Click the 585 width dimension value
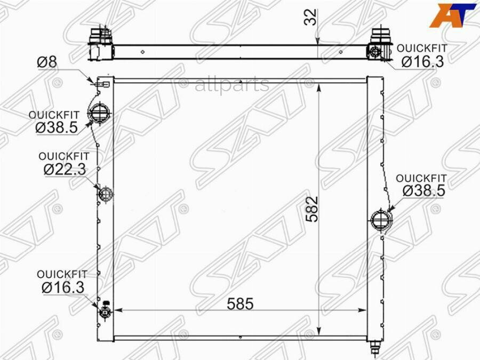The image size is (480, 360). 241,303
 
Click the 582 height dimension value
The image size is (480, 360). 313,209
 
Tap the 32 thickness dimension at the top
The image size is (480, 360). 310,17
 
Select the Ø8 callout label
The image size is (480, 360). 47,62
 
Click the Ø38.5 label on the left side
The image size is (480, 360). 57,127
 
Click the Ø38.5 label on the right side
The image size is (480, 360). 423,191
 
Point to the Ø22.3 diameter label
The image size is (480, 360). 65,169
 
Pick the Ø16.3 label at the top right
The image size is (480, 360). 422,61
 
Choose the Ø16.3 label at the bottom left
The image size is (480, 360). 63,287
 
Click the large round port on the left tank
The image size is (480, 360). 99,113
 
